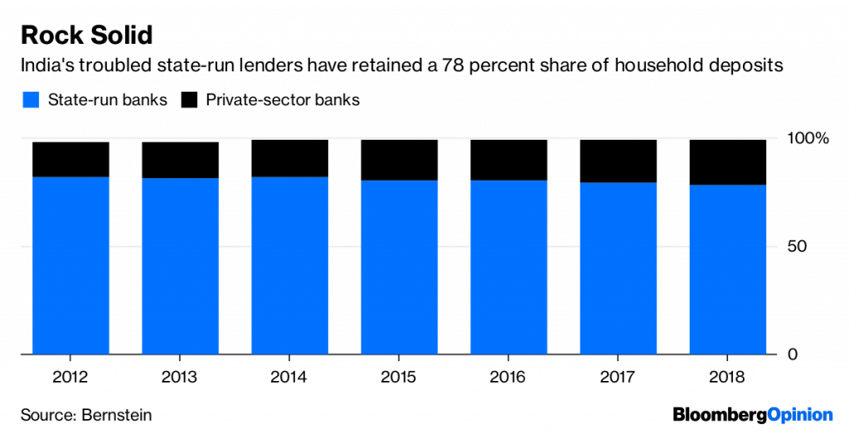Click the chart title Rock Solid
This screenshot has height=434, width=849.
point(86,36)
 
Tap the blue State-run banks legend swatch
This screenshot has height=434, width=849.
point(31,100)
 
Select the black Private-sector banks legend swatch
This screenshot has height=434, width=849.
point(191,100)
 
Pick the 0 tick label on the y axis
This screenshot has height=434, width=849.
point(792,354)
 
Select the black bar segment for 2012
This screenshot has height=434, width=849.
point(71,159)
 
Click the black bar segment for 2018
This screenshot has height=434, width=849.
point(727,162)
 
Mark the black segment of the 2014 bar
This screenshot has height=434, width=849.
point(290,158)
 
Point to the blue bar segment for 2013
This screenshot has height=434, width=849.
point(181,265)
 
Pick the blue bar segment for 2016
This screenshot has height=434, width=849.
point(509,267)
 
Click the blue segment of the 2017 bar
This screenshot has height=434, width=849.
point(619,268)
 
